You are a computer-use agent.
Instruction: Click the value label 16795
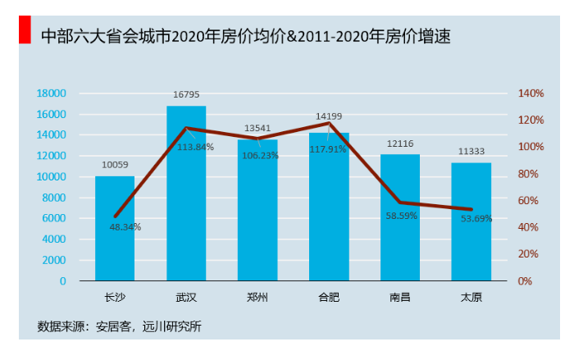pos(186,95)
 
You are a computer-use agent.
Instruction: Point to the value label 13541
pos(257,129)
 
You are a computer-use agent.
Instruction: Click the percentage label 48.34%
pos(125,227)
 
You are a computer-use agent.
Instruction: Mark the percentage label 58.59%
pos(402,216)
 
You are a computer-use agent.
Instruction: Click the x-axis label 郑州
pos(257,297)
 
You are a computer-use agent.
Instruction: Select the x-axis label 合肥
pos(329,297)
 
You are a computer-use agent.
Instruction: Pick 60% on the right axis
pos(528,201)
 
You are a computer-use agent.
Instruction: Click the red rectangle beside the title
pos(25,32)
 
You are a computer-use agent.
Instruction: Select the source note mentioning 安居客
pos(119,326)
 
